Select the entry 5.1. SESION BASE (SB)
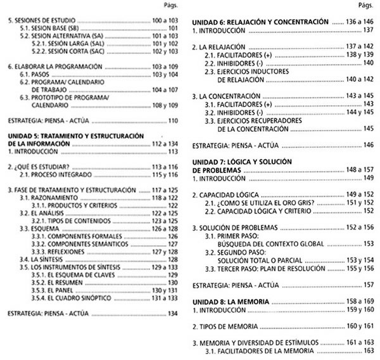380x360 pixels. (49, 29)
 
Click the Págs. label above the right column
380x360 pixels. (366, 6)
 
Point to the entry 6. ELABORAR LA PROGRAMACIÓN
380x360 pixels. (51, 65)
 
